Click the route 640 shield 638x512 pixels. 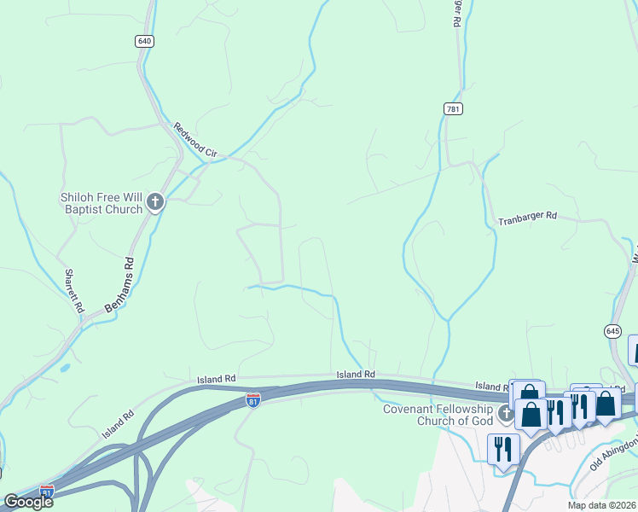click(144, 41)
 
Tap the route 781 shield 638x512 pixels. click(453, 108)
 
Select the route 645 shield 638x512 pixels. click(612, 329)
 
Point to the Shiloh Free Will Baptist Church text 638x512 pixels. click(101, 203)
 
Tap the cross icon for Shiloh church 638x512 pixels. click(155, 202)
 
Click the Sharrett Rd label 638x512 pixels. click(75, 290)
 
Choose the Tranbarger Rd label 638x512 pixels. click(527, 217)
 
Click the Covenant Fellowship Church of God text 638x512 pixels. click(438, 415)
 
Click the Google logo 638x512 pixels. click(29, 502)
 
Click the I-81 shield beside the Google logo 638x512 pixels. click(48, 492)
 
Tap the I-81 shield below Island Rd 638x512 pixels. click(252, 399)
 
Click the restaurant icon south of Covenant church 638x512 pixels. click(503, 447)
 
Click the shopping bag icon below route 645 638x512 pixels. click(605, 404)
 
